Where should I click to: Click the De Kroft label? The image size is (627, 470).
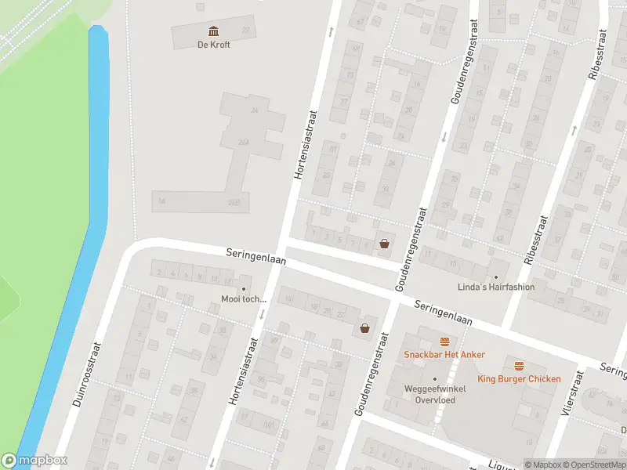coord(213,45)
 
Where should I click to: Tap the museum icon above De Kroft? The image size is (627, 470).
coord(213,31)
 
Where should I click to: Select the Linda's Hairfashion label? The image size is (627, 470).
coord(496,287)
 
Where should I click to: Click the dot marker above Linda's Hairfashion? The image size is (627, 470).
coord(495,277)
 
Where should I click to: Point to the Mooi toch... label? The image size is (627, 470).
coord(244,299)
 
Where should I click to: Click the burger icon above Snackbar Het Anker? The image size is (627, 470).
coord(445,342)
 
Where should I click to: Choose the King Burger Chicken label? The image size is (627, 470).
coord(519,379)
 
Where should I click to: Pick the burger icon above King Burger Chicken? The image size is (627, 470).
coord(519,366)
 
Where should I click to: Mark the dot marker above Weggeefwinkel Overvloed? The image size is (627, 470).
coord(435,379)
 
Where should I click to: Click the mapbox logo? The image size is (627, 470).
coord(34,461)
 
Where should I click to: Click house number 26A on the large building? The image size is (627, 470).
coord(243,142)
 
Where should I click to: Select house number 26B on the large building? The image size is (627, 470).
coord(233,202)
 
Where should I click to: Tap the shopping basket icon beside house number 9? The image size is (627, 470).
coord(384,244)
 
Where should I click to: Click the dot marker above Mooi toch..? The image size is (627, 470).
coord(244,289)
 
